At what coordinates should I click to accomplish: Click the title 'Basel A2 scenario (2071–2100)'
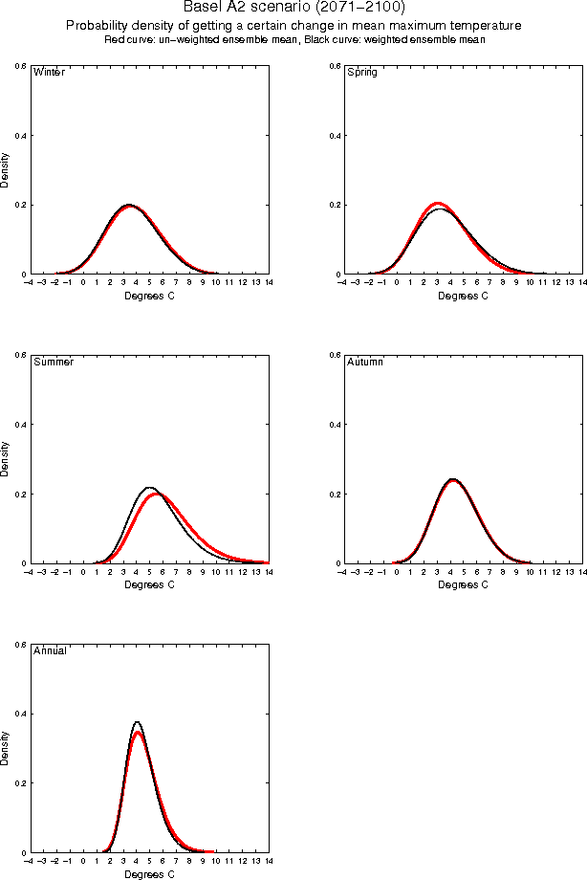point(293,7)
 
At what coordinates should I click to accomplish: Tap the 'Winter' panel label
point(49,73)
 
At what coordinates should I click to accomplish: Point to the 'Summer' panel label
point(54,363)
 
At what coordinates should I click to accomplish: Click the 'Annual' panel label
point(50,651)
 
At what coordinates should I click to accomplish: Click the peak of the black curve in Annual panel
point(138,722)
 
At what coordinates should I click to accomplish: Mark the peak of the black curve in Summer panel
point(149,488)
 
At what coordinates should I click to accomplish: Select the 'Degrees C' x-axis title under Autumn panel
point(463,584)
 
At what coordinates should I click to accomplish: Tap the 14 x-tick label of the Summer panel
point(268,572)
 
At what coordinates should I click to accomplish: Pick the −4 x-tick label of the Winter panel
point(29,283)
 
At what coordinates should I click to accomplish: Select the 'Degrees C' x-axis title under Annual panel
point(149,873)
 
